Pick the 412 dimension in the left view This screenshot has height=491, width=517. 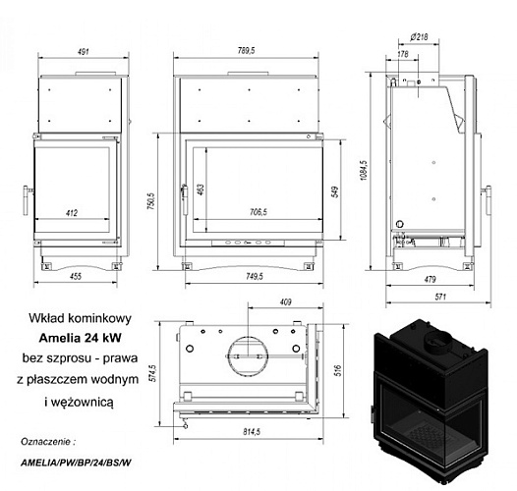pyautogui.click(x=72, y=211)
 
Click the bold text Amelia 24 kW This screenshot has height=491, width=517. pyautogui.click(x=76, y=340)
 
